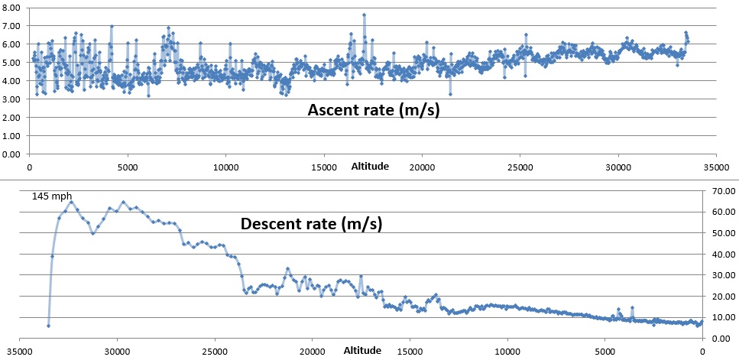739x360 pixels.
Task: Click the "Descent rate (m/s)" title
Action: pos(311,224)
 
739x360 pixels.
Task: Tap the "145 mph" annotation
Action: pos(52,196)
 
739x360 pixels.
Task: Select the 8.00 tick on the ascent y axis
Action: pos(12,7)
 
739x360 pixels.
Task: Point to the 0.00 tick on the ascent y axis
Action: pos(12,154)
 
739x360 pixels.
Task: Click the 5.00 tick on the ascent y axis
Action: pos(12,62)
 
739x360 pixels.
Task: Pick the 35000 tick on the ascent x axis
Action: pos(715,165)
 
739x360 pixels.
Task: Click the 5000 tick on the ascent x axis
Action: pos(127,165)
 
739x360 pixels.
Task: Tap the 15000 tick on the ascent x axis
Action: pos(323,165)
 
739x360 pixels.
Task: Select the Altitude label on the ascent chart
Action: pos(370,165)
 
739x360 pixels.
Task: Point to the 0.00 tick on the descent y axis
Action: pos(722,338)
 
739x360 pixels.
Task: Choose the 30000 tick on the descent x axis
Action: pos(117,351)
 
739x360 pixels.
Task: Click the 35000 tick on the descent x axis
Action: pos(20,351)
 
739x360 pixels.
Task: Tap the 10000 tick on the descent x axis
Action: pos(507,351)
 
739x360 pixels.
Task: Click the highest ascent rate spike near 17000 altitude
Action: pos(364,15)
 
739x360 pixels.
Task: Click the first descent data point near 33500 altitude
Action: pos(48,326)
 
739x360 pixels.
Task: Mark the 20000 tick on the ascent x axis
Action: pos(421,165)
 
